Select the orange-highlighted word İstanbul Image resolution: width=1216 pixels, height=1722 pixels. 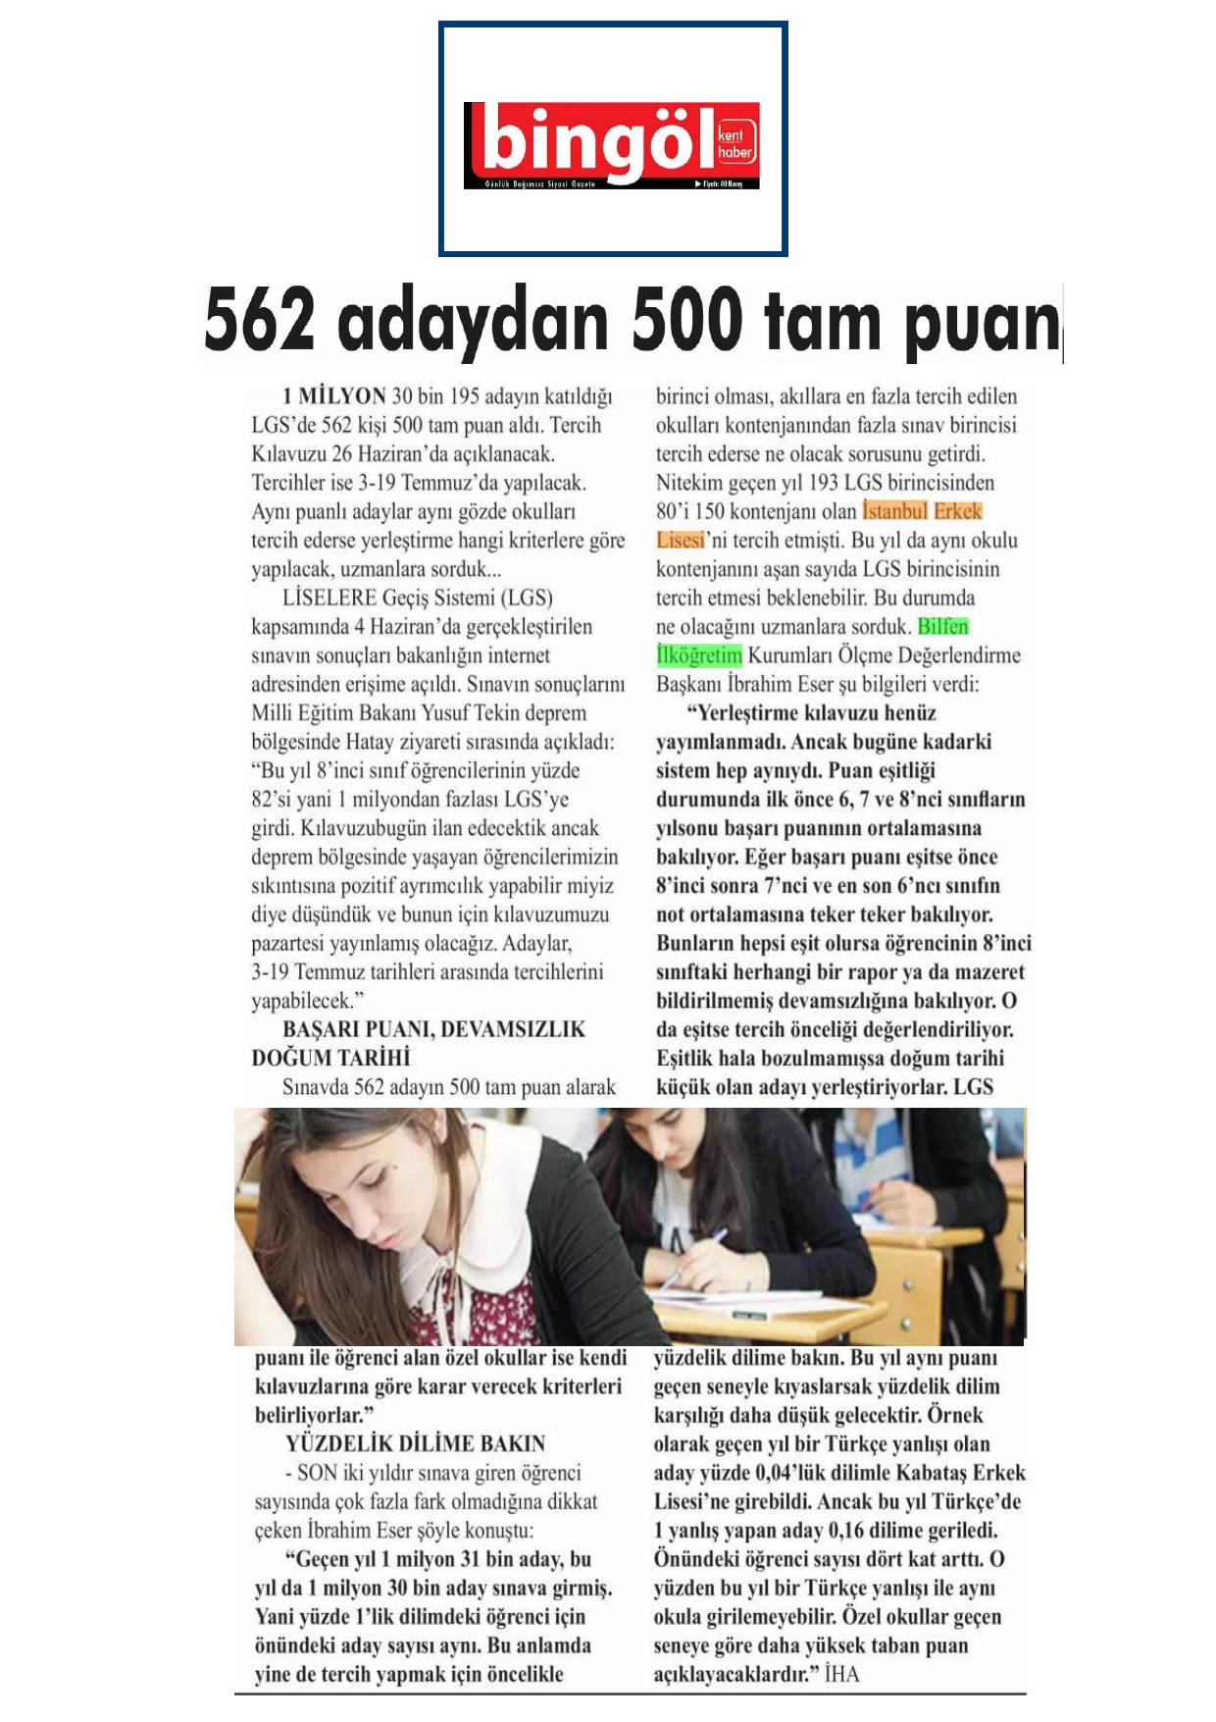pyautogui.click(x=894, y=511)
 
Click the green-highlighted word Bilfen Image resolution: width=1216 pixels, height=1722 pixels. pyautogui.click(x=942, y=627)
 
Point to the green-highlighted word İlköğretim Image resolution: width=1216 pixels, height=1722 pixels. pyautogui.click(x=699, y=655)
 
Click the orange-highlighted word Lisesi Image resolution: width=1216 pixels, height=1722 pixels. pyautogui.click(x=681, y=541)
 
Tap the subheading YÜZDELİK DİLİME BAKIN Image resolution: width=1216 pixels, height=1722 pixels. pyautogui.click(x=415, y=1443)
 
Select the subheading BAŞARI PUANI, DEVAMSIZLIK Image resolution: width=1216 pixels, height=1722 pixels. pyautogui.click(x=433, y=1029)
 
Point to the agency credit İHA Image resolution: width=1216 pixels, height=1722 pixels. pyautogui.click(x=841, y=1674)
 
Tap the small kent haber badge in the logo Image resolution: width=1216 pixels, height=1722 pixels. pyautogui.click(x=735, y=143)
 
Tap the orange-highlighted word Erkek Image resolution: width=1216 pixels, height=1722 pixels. pyautogui.click(x=958, y=511)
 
